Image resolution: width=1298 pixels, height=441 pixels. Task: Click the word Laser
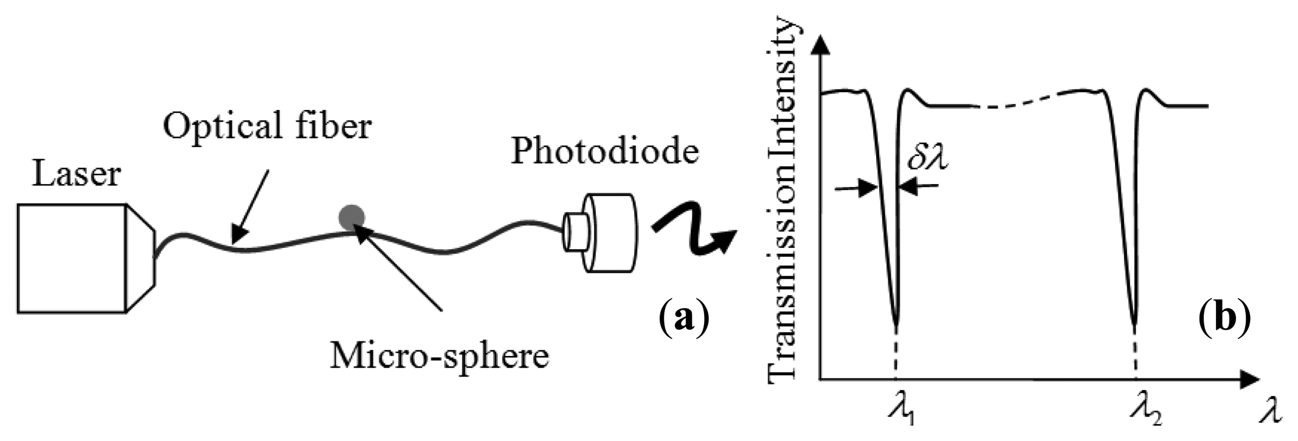[76, 174]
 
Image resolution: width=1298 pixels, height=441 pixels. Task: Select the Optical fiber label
[267, 127]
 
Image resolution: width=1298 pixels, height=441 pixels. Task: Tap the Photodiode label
[604, 151]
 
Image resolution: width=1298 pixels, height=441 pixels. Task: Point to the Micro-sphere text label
[439, 355]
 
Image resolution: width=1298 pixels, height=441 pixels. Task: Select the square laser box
[72, 258]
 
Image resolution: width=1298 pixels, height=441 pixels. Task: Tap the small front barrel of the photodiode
[574, 231]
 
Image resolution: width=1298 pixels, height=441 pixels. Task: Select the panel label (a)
[683, 318]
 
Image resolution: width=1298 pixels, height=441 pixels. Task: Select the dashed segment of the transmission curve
[1027, 100]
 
